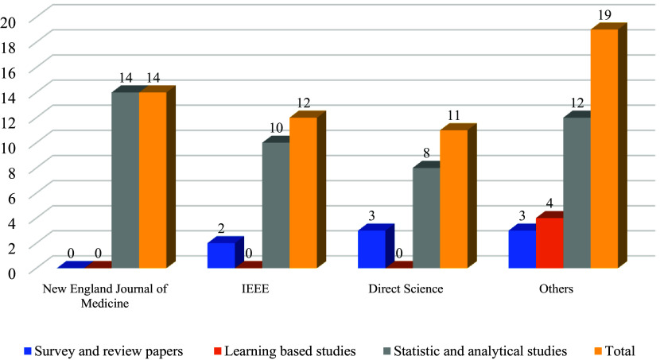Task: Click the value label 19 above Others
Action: pyautogui.click(x=604, y=16)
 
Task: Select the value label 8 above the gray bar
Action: pyautogui.click(x=426, y=153)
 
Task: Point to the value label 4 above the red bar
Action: pyautogui.click(x=549, y=203)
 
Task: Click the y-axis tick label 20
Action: pyautogui.click(x=9, y=22)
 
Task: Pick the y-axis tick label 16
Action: pyautogui.click(x=9, y=72)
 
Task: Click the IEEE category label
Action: pyautogui.click(x=255, y=289)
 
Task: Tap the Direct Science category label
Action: pyautogui.click(x=406, y=289)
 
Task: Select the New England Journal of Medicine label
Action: pyautogui.click(x=105, y=296)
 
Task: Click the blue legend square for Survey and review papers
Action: pyautogui.click(x=28, y=350)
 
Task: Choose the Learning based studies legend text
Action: pyautogui.click(x=290, y=350)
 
